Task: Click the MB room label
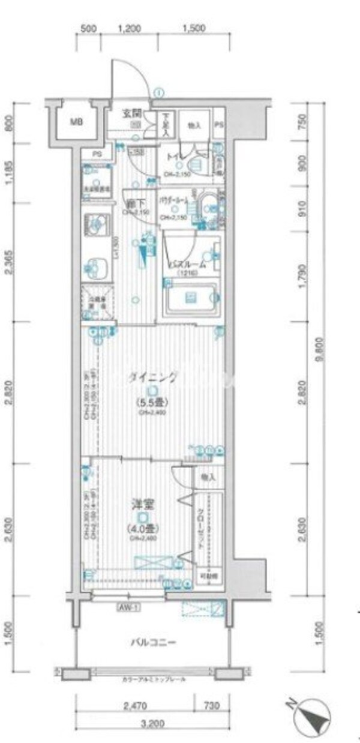pyautogui.click(x=76, y=122)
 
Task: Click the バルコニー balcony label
pyautogui.click(x=153, y=643)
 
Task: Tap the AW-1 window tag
pyautogui.click(x=128, y=607)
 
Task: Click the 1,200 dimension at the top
pyautogui.click(x=129, y=28)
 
